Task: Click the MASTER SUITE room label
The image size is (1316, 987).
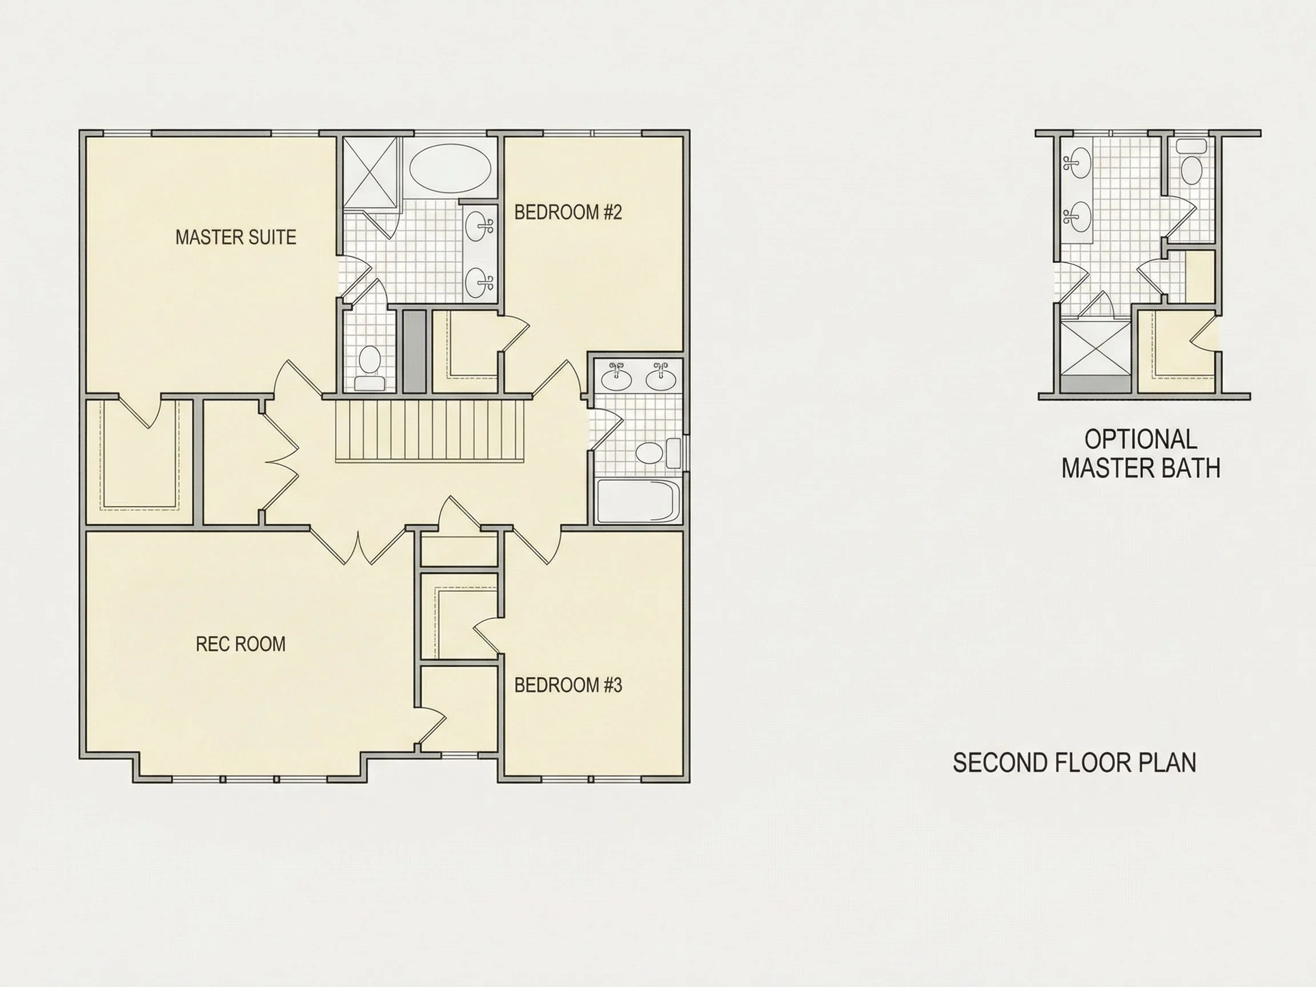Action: coord(235,238)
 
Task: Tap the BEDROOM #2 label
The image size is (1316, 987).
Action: coord(568,212)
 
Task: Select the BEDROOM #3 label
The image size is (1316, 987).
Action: coord(568,685)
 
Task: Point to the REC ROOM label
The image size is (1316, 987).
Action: coord(240,644)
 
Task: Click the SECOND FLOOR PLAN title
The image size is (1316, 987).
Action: coord(1074,763)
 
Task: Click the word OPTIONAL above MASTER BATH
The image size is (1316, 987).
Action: coord(1141,440)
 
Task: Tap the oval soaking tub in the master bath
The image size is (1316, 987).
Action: coord(450,168)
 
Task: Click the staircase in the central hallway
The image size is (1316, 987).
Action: coord(430,431)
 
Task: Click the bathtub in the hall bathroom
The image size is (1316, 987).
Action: coord(638,501)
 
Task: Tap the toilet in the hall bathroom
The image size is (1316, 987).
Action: coord(657,454)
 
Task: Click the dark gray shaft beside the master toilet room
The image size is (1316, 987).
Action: coord(415,351)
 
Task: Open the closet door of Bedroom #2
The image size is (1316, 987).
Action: coord(513,333)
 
